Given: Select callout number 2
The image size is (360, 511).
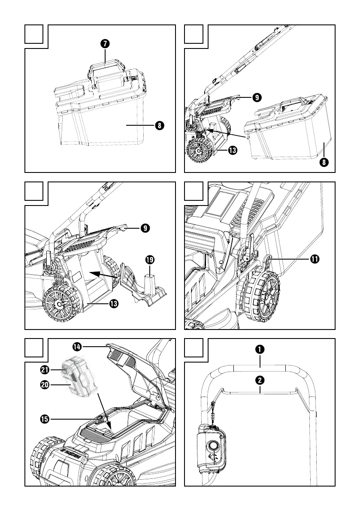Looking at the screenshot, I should click(x=260, y=380).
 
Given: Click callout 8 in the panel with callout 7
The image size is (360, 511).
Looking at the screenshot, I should click(x=159, y=125).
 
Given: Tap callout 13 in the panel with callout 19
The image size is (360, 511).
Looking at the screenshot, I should click(x=114, y=304).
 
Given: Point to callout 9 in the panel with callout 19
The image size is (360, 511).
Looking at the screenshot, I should click(x=146, y=228).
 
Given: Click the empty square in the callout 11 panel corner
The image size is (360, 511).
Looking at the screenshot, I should click(x=194, y=191).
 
